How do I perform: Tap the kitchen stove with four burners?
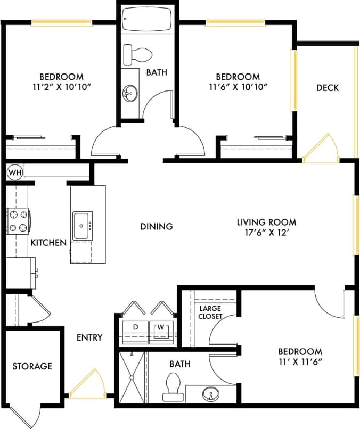click(18, 221)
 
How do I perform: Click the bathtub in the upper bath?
click(146, 21)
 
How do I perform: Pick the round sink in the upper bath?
click(129, 94)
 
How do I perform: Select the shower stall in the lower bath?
click(130, 377)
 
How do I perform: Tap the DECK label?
click(327, 87)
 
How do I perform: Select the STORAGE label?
click(32, 366)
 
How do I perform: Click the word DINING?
click(157, 226)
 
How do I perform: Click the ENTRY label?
click(89, 337)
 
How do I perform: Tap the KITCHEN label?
click(48, 243)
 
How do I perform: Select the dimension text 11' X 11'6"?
click(300, 362)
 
